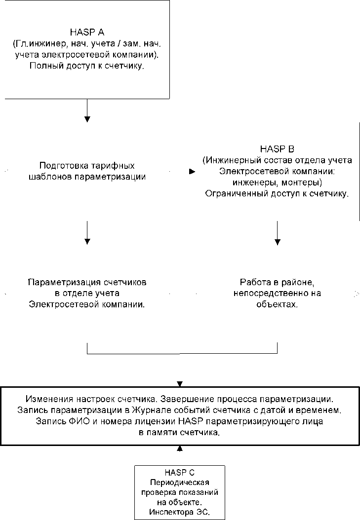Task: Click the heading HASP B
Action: [277, 149]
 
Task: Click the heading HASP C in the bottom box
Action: [180, 472]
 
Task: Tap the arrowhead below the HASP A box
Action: [87, 119]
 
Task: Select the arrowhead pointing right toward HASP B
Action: [192, 172]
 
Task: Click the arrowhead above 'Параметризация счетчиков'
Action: [87, 241]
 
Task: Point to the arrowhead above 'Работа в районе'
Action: [278, 242]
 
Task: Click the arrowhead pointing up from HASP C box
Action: [180, 448]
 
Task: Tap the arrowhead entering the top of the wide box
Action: [180, 383]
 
